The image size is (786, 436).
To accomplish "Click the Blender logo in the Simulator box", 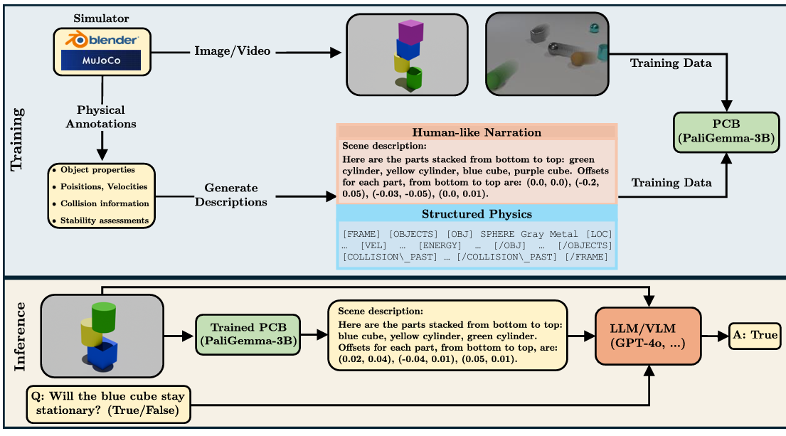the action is (x=102, y=40).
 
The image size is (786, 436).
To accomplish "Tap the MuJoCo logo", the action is (x=101, y=60).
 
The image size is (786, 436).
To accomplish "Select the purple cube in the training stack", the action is (x=410, y=31).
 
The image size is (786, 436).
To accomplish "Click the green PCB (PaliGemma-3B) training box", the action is (x=726, y=132).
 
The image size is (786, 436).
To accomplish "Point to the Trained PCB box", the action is (x=248, y=334).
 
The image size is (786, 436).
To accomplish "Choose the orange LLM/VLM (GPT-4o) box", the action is (x=647, y=336).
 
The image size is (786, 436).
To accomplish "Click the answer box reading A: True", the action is (x=755, y=335).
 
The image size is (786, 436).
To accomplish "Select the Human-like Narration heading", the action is (x=477, y=132).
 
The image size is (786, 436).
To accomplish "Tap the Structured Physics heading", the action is (x=477, y=214).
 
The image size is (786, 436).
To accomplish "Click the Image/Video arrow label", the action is (x=232, y=51).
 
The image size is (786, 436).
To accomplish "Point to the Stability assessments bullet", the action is (x=101, y=220).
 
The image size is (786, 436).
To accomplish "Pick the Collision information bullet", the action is (x=101, y=203).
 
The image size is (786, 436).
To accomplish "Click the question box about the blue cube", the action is (x=109, y=404).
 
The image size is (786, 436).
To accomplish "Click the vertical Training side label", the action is (x=16, y=139).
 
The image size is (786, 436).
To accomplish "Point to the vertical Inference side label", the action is (x=19, y=336).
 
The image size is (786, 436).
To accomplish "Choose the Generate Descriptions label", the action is (x=231, y=195).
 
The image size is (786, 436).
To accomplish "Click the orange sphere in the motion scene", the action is (x=578, y=58).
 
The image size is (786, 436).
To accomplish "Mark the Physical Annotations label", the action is (x=101, y=117).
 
